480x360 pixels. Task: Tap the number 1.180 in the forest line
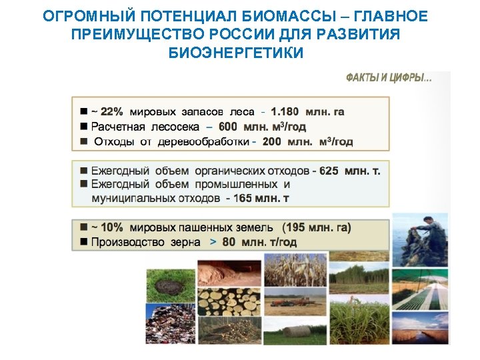[x=285, y=111]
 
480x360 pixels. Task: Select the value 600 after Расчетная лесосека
[x=227, y=127]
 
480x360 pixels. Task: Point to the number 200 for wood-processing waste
[x=271, y=141]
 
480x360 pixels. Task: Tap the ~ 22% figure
[x=107, y=111]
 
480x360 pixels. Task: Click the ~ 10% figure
[x=107, y=227]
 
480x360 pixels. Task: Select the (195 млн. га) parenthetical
[x=317, y=227]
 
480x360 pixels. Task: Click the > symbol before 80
[x=213, y=242]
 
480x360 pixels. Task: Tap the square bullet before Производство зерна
[x=84, y=242]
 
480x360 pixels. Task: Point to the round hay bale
[x=295, y=330]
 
